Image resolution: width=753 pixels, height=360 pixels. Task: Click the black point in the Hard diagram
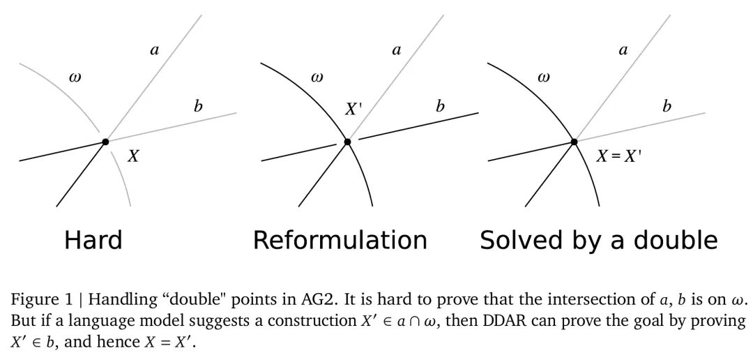click(x=105, y=142)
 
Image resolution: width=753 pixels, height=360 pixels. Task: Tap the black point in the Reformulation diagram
click(x=347, y=142)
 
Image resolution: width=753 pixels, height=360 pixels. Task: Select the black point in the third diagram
click(x=574, y=142)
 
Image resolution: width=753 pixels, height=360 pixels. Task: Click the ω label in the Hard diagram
click(x=75, y=77)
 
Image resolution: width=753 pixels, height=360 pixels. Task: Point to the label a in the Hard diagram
click(x=154, y=50)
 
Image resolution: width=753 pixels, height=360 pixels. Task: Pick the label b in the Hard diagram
click(x=198, y=107)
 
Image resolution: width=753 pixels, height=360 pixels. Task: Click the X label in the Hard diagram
click(x=133, y=156)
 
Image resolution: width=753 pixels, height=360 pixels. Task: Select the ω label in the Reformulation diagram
click(x=317, y=77)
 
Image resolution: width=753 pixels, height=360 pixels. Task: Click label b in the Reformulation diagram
click(x=440, y=107)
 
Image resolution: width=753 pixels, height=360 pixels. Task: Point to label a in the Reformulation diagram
click(x=397, y=50)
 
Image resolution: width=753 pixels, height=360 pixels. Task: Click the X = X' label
click(x=618, y=156)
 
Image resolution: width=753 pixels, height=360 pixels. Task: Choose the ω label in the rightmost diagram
click(x=543, y=77)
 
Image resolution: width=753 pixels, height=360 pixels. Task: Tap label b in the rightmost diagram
click(x=667, y=107)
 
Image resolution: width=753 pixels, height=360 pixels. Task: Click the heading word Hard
click(x=93, y=240)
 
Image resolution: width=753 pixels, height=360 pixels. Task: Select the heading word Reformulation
click(x=340, y=240)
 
